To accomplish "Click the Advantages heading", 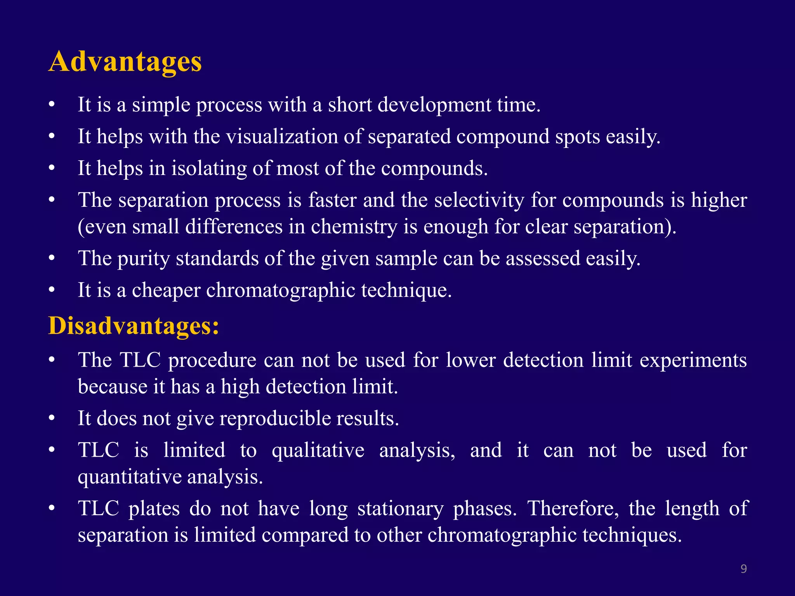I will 125,62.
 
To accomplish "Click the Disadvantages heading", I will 134,326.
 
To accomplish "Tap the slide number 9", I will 743,569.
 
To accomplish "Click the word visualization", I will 282,137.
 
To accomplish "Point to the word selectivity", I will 479,200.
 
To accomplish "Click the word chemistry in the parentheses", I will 354,227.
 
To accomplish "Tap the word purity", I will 143,258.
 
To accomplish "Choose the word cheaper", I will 166,290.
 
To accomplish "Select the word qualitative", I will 318,450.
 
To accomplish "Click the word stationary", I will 401,509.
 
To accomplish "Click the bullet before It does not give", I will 52,419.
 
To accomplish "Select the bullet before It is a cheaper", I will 52,290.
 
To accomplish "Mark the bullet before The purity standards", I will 52,258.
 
